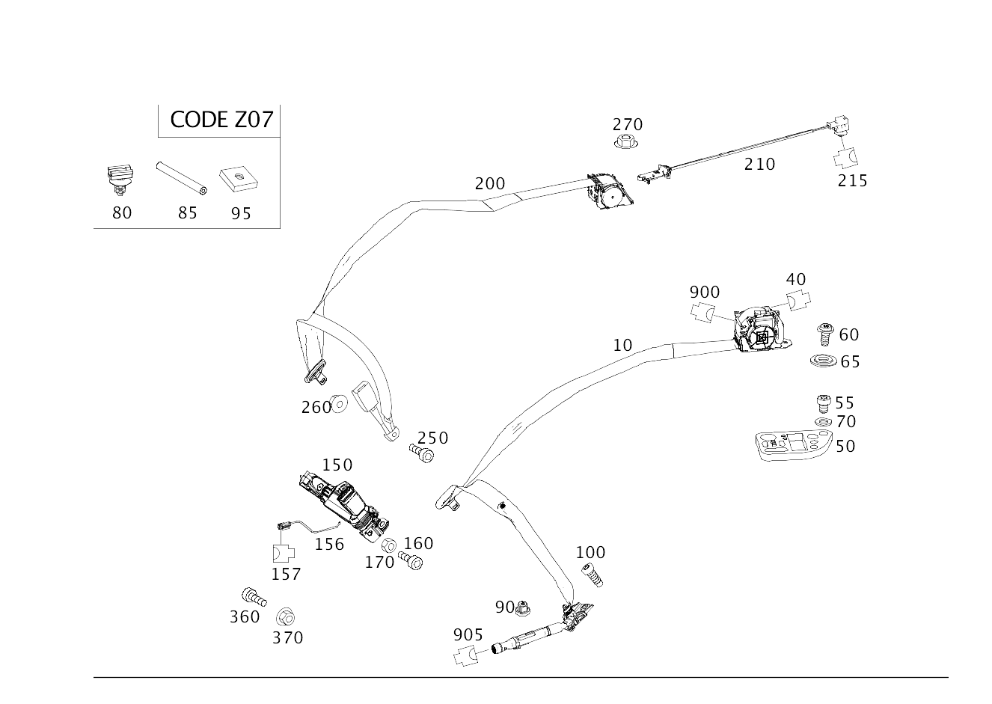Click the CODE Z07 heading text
[221, 120]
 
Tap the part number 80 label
[121, 212]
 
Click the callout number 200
[489, 183]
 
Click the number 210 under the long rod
[759, 163]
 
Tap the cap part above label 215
[846, 157]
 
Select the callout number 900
[704, 292]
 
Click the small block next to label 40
[798, 301]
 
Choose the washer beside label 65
[822, 362]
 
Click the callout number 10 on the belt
[622, 345]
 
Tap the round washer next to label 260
[339, 405]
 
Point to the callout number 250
[432, 437]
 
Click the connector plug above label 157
[283, 554]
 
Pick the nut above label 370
[285, 617]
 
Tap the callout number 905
[468, 634]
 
